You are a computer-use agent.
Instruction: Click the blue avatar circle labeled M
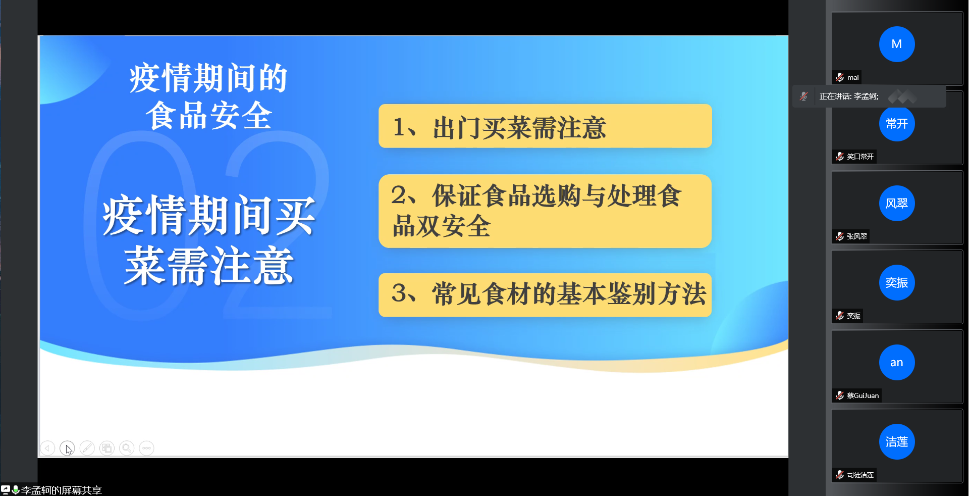[896, 44]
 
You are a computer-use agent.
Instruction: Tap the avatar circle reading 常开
[896, 124]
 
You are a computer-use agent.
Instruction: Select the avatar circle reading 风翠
[896, 203]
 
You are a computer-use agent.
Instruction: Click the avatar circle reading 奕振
[896, 282]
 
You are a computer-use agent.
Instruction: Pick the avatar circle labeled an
[896, 362]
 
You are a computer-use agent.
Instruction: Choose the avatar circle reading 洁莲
[896, 441]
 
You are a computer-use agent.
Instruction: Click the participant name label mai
[853, 77]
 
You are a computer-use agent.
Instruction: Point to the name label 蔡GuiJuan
[863, 395]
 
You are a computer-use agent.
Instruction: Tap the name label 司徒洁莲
[860, 475]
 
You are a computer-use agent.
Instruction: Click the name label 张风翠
[857, 236]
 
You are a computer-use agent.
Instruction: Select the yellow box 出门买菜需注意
[545, 126]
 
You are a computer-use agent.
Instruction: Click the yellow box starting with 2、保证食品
[545, 211]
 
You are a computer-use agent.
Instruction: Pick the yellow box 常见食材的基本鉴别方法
[545, 295]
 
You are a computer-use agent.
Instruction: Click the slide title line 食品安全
[209, 116]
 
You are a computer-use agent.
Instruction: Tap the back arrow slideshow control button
[47, 448]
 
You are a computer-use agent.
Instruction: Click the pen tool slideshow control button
[87, 448]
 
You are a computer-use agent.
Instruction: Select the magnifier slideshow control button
[127, 448]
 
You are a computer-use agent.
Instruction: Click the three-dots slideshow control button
[146, 448]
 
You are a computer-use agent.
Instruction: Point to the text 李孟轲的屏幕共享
[61, 490]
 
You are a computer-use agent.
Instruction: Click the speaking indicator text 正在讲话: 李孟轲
[849, 96]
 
